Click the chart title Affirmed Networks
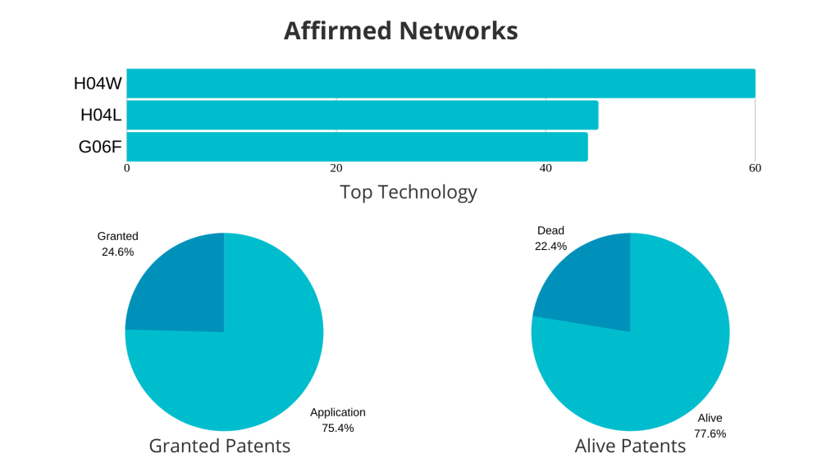point(400,30)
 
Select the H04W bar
point(441,84)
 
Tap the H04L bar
point(363,115)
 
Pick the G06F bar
point(358,147)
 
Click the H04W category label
point(98,84)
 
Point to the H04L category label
point(101,115)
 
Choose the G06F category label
point(99,147)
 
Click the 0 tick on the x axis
point(127,168)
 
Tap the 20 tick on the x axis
point(336,168)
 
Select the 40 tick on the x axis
point(546,168)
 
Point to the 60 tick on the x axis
point(755,168)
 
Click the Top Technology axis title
point(409,192)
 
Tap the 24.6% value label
point(118,252)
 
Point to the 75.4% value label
point(338,428)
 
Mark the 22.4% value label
point(550,246)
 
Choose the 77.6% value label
point(710,433)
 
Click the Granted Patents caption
point(220,446)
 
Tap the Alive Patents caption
point(630,446)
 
